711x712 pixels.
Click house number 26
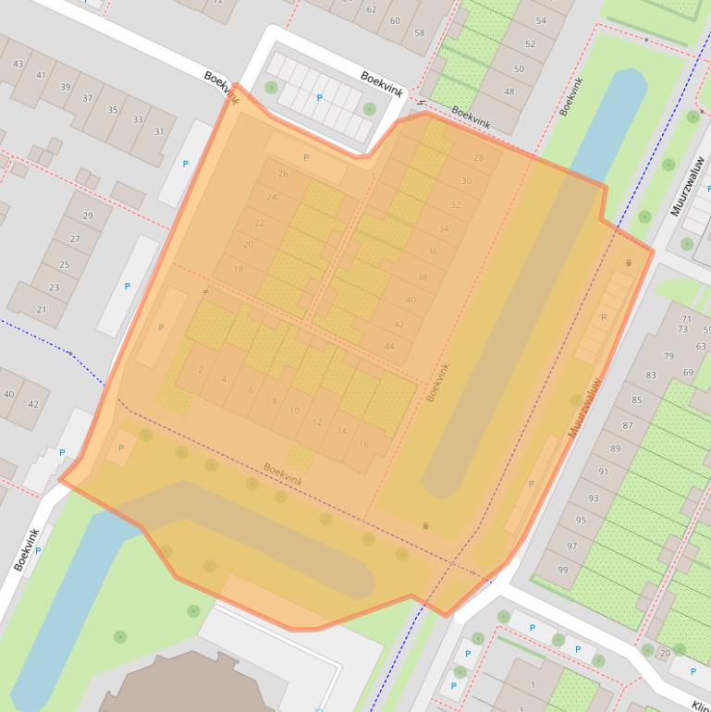[x=283, y=174]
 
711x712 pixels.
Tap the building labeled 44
[x=389, y=347]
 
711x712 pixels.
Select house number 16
[x=363, y=444]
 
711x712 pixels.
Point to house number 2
[x=201, y=369]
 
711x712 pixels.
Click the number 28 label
[x=478, y=158]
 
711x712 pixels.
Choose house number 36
[x=433, y=252]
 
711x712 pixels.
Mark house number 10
[x=294, y=411]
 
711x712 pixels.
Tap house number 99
[x=562, y=571]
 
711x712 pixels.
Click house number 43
[x=18, y=64]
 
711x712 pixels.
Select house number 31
[x=159, y=131]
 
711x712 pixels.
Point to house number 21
[x=41, y=310]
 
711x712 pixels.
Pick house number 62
[x=371, y=9]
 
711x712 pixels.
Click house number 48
[x=509, y=92]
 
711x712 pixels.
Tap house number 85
[x=637, y=400]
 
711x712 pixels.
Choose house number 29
[x=88, y=216]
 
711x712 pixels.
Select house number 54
[x=541, y=20]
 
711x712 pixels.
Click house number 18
[x=238, y=269]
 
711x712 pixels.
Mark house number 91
[x=604, y=472]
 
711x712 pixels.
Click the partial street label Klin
[x=700, y=703]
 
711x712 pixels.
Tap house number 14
[x=341, y=431]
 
